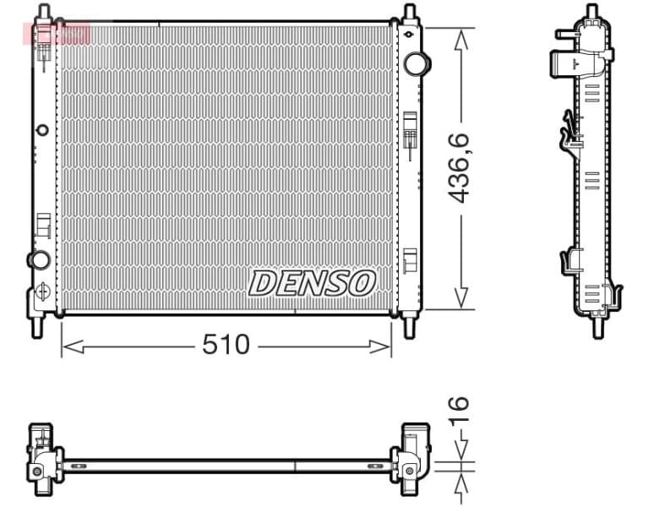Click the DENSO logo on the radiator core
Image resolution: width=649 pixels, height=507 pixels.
[x=312, y=283]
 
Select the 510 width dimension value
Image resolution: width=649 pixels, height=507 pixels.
[x=226, y=345]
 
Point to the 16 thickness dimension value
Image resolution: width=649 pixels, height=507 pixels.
[x=457, y=414]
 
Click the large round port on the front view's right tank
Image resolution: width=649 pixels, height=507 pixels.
[x=416, y=63]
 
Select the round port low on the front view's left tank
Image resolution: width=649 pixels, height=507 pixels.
[x=38, y=259]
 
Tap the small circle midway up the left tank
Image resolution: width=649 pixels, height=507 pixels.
[x=42, y=130]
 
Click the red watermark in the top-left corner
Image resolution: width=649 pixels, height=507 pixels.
[x=57, y=35]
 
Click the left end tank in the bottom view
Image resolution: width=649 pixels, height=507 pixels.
[x=41, y=458]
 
